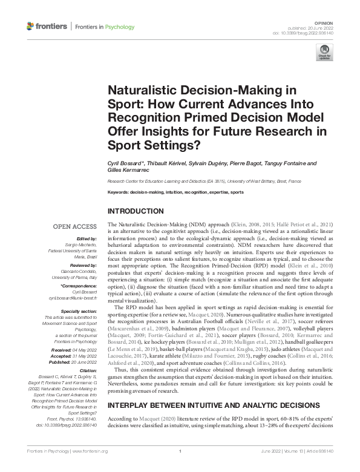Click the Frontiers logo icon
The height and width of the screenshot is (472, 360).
(31, 27)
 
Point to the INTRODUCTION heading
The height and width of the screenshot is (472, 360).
(134, 211)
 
